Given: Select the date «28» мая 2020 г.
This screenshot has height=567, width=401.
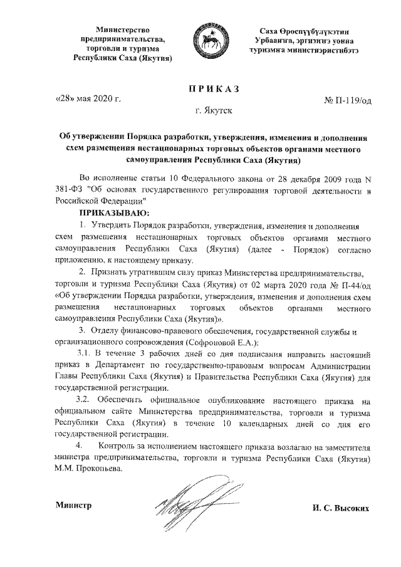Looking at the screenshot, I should click(88, 99).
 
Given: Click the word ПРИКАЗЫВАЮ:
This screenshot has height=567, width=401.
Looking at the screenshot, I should click(104, 213).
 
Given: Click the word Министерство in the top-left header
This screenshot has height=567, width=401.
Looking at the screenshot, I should click(122, 30).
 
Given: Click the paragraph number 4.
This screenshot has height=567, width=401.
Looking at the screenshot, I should click(79, 445).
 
